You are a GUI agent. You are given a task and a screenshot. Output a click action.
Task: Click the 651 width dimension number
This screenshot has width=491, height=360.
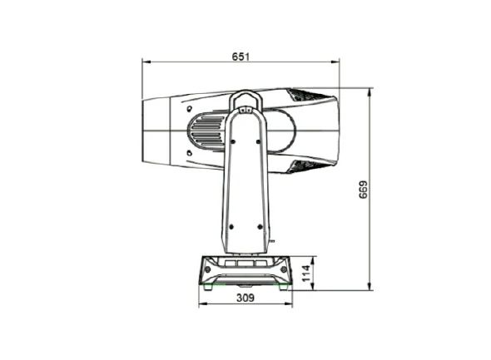pyautogui.click(x=241, y=56)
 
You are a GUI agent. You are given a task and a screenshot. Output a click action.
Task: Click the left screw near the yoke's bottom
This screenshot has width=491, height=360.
pyautogui.click(x=231, y=224)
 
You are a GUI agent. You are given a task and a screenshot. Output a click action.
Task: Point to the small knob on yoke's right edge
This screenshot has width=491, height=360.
pyautogui.click(x=270, y=239)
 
